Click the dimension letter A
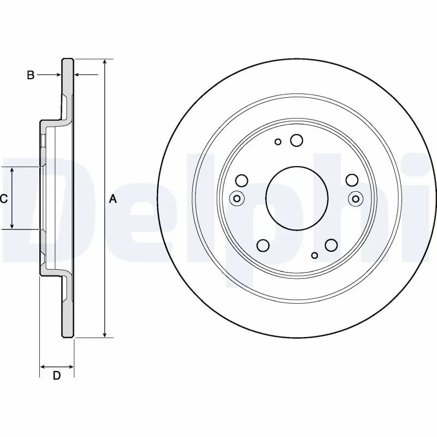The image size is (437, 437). click(113, 199)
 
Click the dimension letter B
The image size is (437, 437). click(31, 75)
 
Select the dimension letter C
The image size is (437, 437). click(4, 199)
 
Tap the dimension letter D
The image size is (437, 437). click(56, 375)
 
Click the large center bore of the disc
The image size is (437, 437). click(297, 196)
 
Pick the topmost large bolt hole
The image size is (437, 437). click(297, 140)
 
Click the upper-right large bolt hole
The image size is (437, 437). click(352, 180)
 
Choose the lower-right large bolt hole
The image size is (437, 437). click(331, 246)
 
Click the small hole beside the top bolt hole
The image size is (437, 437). click(278, 142)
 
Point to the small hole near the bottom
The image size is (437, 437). click(314, 255)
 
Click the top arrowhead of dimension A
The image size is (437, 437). click(105, 62)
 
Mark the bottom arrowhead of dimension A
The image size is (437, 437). click(105, 334)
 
